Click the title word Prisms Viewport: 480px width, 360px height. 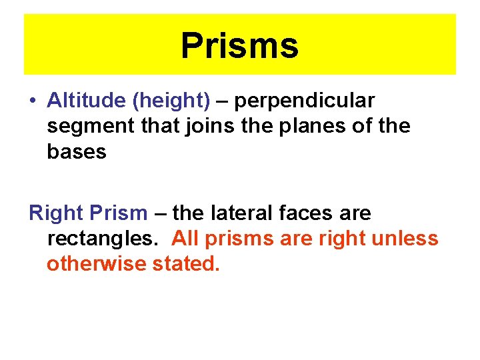point(239,46)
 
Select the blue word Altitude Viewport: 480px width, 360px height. point(87,101)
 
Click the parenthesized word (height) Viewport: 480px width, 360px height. point(171,101)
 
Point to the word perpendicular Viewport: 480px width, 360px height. point(305,101)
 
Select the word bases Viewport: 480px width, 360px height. point(77,151)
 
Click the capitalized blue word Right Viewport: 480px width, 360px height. point(55,214)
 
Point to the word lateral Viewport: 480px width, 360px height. point(241,213)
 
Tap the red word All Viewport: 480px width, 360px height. point(185,238)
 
